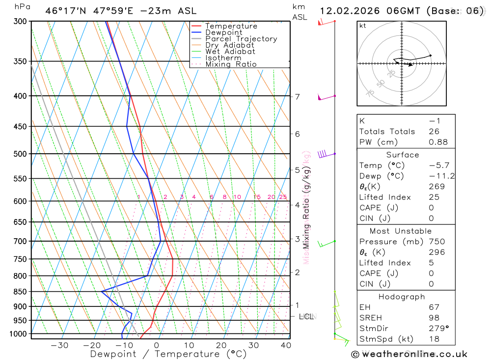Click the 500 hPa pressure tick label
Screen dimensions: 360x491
point(20,154)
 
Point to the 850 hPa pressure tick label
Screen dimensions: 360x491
point(20,292)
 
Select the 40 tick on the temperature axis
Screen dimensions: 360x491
point(285,345)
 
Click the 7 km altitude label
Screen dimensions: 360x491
point(298,96)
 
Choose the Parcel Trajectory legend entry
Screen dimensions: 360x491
point(241,39)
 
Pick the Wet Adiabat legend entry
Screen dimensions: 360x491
point(230,52)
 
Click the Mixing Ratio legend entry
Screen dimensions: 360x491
point(231,64)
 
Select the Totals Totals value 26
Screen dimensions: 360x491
point(434,132)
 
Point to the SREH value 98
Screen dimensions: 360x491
point(434,318)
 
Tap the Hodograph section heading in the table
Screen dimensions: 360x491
point(402,297)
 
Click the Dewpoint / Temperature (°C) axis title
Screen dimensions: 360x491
point(168,354)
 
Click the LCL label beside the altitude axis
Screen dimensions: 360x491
point(306,316)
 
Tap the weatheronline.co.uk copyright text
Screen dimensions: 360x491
point(409,354)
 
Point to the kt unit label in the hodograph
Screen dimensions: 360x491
point(363,26)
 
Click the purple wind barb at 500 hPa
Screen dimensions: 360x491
point(323,154)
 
